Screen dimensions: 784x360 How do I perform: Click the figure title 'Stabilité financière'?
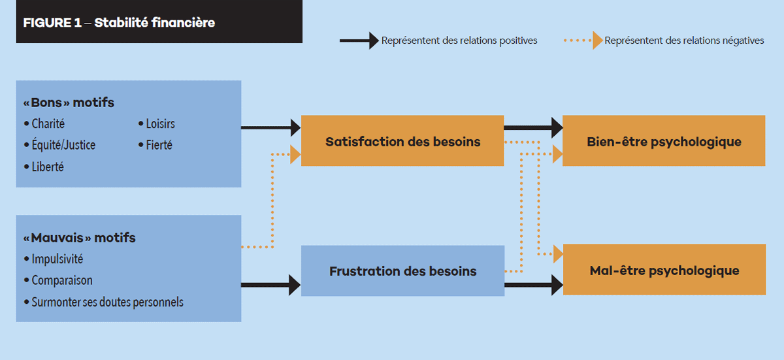coord(155,23)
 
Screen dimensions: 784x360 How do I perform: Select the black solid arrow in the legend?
coord(359,41)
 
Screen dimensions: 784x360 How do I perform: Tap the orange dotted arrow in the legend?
coord(583,41)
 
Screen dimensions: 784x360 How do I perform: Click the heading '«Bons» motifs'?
coord(69,103)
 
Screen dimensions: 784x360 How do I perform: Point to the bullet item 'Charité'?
coord(44,123)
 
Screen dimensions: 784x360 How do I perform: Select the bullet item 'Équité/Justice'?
coord(60,145)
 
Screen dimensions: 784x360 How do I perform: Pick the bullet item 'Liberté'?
coord(44,167)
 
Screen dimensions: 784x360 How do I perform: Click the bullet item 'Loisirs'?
coord(156,123)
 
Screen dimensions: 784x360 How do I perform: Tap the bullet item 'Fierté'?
coord(155,145)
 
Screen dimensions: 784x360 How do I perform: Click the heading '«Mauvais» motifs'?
coord(80,238)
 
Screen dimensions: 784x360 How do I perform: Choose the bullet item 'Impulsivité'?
coord(54,259)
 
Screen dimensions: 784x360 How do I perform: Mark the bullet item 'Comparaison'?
coord(58,280)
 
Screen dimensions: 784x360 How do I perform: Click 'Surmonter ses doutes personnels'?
coord(104,302)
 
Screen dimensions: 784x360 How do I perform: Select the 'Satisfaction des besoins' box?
coord(402,140)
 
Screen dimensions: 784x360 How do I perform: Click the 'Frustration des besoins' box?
coord(403,270)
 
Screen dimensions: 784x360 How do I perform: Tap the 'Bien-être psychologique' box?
coord(664,140)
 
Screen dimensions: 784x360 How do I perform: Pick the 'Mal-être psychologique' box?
coord(664,269)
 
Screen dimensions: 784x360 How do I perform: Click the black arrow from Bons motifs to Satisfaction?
coord(271,127)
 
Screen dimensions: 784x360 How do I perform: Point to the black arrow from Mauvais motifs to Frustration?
coord(271,285)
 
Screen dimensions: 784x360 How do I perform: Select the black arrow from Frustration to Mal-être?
coord(534,285)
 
